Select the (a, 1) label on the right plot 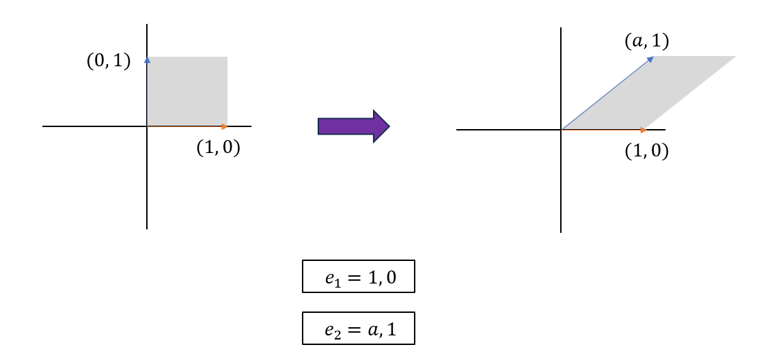(646, 42)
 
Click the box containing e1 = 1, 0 (358, 276)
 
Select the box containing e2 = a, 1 (358, 329)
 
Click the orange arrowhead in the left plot (225, 126)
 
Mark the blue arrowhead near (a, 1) (650, 59)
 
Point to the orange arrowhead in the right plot (643, 130)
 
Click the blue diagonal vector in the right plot (605, 95)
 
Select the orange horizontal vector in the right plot (601, 130)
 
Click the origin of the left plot (147, 126)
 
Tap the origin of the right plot (561, 130)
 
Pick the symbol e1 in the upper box (332, 278)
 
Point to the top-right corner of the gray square (227, 57)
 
